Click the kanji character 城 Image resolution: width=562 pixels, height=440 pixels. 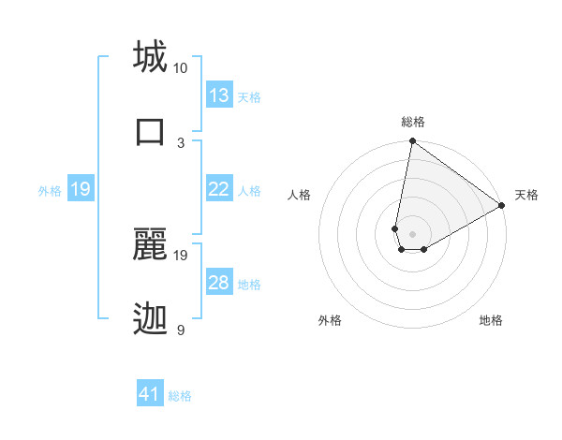[x=150, y=56]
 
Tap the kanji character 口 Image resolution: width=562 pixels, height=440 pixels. [x=150, y=131]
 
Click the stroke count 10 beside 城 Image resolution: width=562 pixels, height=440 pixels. [x=181, y=68]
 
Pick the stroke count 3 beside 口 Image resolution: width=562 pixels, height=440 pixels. [x=181, y=142]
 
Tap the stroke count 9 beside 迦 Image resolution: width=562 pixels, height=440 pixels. [x=181, y=330]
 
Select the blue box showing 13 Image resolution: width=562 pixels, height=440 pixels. [x=219, y=95]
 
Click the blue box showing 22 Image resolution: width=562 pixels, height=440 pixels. [x=219, y=189]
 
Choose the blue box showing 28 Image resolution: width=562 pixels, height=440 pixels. [x=219, y=283]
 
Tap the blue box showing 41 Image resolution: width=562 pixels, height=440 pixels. [x=150, y=394]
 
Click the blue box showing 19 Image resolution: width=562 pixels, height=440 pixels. [x=81, y=189]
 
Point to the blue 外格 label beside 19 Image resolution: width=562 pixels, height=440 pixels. [x=50, y=190]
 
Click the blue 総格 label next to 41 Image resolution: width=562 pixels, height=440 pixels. [x=180, y=396]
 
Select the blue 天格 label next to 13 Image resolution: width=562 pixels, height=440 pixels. [x=249, y=96]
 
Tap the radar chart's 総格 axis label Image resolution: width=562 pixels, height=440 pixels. [x=413, y=122]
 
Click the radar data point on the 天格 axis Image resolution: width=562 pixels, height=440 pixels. [x=503, y=206]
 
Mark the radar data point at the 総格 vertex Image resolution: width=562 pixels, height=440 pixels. [x=412, y=142]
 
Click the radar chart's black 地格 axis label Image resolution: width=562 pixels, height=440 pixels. [x=491, y=320]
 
